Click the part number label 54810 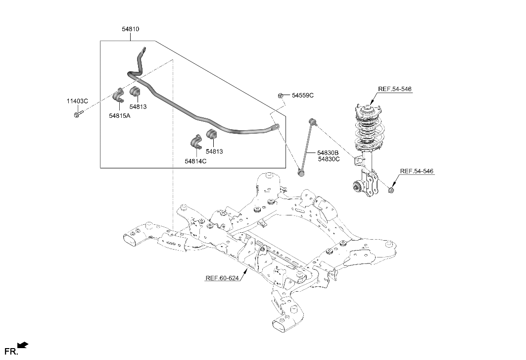click(131, 29)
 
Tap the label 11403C click(77, 101)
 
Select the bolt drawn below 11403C click(78, 115)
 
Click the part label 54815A click(120, 116)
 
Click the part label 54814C click(195, 161)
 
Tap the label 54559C click(302, 95)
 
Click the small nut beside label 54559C click(280, 95)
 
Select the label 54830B click(328, 153)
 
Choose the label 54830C click(328, 159)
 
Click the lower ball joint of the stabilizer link click(300, 173)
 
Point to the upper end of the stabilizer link click(311, 121)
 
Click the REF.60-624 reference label click(222, 278)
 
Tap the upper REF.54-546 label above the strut click(394, 89)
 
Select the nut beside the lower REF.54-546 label click(391, 189)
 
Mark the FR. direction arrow click(23, 345)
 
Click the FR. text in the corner click(10, 352)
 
